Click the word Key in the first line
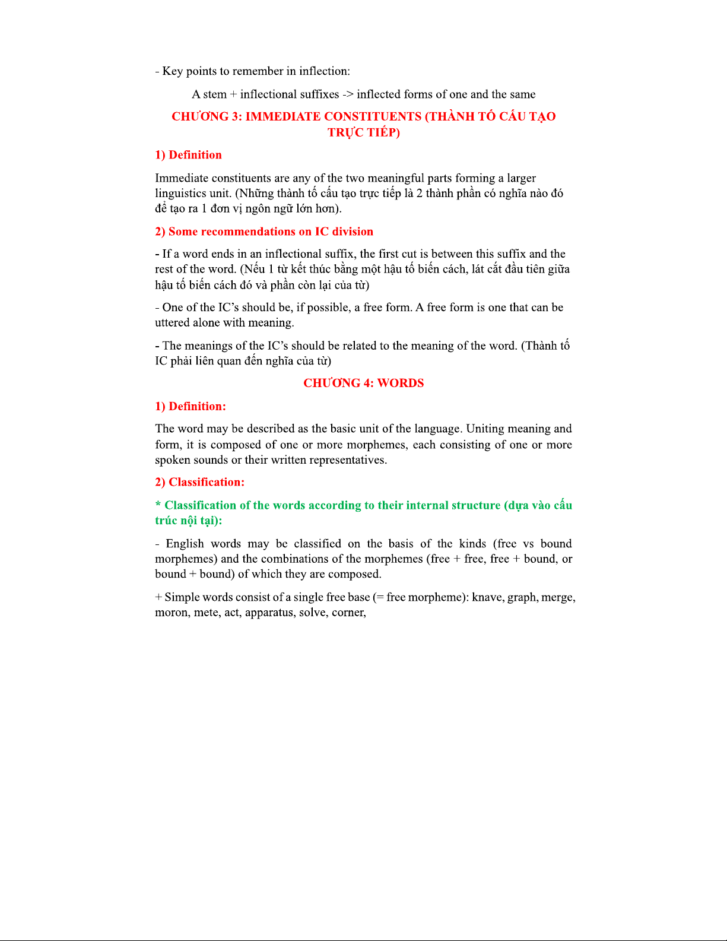point(173,71)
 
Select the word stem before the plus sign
point(215,94)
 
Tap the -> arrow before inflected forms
point(348,94)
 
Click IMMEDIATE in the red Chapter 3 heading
point(282,116)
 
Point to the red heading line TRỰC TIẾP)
point(364,132)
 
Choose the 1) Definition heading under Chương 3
point(188,155)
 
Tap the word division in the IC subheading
point(353,232)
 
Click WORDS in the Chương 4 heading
point(401,383)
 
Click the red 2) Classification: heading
point(199,482)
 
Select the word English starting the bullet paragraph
point(185,544)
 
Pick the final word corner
point(348,613)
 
